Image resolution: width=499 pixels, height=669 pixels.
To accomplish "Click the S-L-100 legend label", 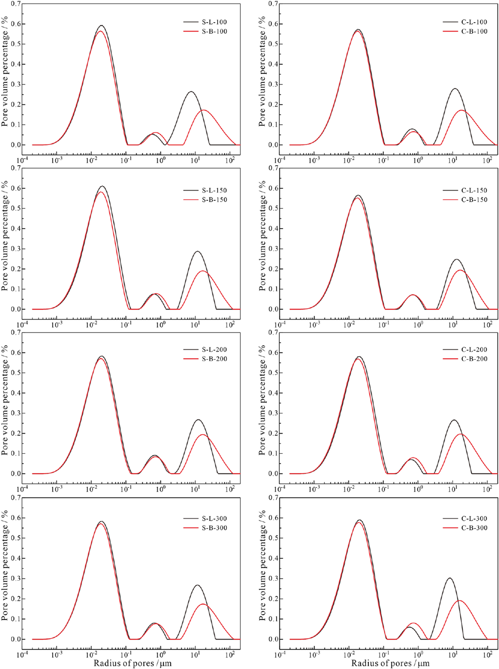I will (214, 22).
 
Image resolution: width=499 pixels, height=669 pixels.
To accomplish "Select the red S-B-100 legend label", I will (214, 31).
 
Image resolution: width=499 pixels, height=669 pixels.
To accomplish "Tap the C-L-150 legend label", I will (474, 190).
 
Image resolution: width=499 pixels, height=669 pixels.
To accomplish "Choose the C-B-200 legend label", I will (474, 359).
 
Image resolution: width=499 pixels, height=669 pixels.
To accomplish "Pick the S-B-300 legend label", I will (214, 528).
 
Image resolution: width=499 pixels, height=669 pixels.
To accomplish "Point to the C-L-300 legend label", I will (474, 519).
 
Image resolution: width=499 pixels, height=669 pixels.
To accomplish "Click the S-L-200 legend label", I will (214, 350).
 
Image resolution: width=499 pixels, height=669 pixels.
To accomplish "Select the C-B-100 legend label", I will (474, 31).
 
